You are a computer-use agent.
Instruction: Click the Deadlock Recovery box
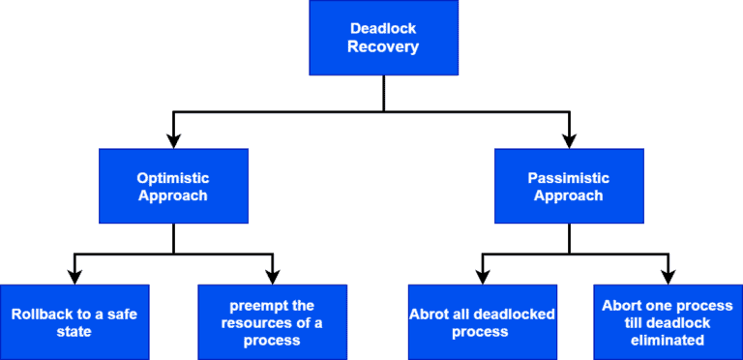tap(384, 38)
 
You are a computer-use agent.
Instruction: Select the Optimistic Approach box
tap(173, 186)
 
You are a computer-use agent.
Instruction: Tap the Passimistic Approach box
tap(569, 186)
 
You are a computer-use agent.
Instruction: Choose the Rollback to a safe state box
tap(74, 322)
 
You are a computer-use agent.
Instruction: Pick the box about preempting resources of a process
tap(272, 322)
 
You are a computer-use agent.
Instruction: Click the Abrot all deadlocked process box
tap(482, 322)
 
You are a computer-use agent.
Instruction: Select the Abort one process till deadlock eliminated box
tap(668, 322)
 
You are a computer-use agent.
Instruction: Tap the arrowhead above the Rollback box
tap(74, 277)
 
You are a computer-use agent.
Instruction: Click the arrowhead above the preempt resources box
tap(273, 277)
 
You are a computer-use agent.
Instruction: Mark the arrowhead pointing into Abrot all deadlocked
tap(482, 277)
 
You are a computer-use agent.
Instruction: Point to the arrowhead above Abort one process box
tap(668, 277)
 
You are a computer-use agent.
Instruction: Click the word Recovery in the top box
tap(384, 46)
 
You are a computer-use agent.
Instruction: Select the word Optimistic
tap(173, 178)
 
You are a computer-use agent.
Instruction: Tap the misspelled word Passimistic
tap(569, 178)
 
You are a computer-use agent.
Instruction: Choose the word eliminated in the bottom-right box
tap(668, 340)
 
